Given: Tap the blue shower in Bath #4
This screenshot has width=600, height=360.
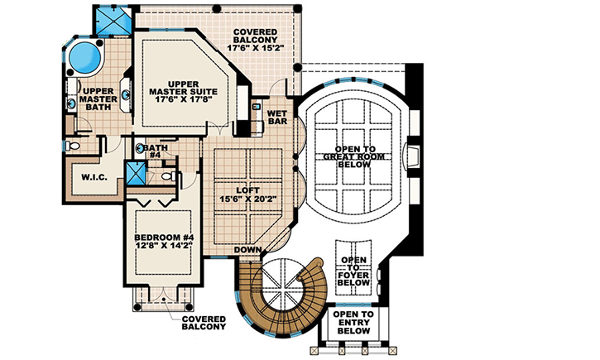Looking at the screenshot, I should [136, 175].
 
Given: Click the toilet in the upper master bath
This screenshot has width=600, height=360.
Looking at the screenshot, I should [72, 146].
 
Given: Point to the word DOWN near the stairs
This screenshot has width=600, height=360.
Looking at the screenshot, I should [247, 249].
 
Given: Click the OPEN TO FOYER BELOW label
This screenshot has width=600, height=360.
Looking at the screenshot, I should [354, 271].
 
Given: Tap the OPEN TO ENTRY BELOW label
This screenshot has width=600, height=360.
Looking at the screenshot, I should [353, 323].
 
